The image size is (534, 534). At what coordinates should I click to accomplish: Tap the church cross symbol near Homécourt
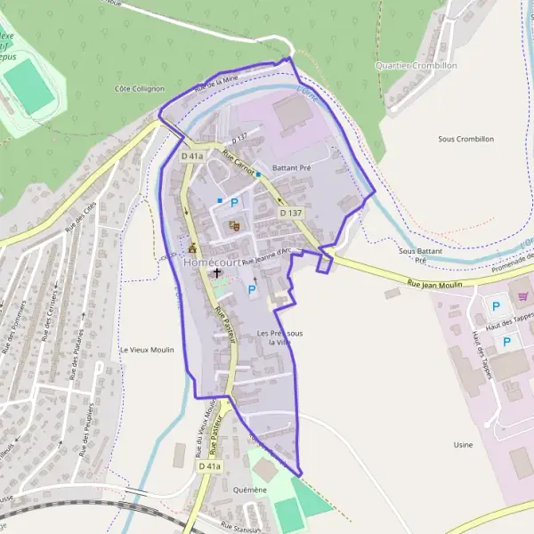(217, 275)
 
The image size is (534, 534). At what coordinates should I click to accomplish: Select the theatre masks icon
(234, 226)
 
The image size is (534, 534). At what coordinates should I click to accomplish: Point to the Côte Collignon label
(140, 89)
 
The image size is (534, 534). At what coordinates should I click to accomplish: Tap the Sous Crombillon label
(465, 140)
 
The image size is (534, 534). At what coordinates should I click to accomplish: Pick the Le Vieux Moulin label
(147, 350)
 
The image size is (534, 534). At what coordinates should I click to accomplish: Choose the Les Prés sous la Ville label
(279, 337)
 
